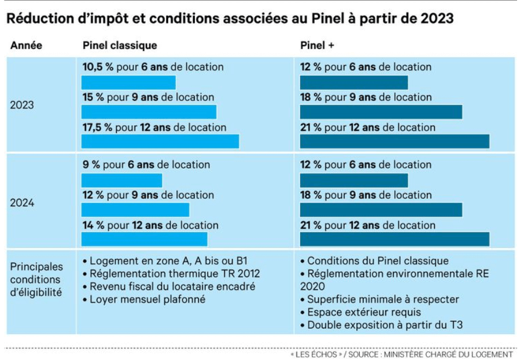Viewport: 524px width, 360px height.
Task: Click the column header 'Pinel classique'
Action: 120,46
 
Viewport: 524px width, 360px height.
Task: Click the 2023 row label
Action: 22,105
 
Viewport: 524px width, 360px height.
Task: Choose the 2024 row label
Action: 22,203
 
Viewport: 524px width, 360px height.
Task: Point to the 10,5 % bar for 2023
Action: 128,82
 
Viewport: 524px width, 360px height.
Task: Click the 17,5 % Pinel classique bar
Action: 160,141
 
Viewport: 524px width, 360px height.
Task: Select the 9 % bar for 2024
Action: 121,180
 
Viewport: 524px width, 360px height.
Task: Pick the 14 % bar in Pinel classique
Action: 144,239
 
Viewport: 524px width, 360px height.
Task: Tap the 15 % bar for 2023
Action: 149,112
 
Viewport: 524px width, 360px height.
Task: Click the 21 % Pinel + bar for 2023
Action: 394,141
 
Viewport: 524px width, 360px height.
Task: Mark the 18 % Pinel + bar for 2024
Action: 381,209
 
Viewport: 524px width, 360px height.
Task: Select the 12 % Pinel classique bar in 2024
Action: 135,209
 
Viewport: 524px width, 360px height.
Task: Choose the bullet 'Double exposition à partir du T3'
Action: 385,325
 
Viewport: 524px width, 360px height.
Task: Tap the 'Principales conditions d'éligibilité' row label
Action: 36,280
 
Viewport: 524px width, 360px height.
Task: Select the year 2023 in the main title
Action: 433,18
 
